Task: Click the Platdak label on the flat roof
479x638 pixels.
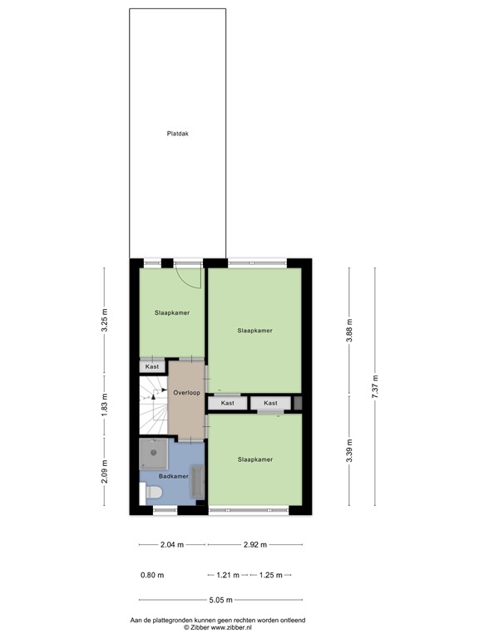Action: click(x=177, y=133)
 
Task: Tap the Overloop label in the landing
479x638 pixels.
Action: click(x=186, y=392)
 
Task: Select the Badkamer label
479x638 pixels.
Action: click(x=173, y=477)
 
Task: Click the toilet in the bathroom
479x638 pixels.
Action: click(x=153, y=493)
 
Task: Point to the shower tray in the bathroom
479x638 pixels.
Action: click(x=154, y=453)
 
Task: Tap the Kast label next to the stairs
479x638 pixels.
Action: click(x=152, y=366)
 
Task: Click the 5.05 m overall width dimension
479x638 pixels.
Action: click(x=220, y=600)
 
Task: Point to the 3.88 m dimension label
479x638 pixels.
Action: click(x=350, y=331)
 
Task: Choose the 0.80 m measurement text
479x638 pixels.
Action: click(x=152, y=575)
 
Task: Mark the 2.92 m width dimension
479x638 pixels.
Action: click(x=254, y=545)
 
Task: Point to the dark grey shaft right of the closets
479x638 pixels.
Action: click(x=297, y=403)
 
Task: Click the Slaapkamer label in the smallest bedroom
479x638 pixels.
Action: click(x=171, y=313)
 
